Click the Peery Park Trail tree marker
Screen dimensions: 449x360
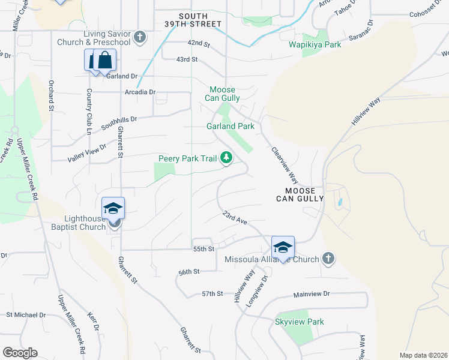point(226,158)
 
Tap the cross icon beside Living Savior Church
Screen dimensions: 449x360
point(140,38)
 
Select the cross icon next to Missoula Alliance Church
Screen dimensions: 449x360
point(328,259)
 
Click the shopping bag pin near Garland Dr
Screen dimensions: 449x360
point(104,61)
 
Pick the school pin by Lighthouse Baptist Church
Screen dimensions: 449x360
point(113,209)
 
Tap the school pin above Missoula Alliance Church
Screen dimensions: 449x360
point(283,247)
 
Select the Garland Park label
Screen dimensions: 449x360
point(231,127)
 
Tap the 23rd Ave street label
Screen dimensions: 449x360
point(235,218)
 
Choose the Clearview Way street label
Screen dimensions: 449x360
point(285,165)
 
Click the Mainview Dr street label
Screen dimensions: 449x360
point(312,294)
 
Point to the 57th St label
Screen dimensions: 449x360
point(212,294)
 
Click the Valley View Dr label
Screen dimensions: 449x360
point(86,152)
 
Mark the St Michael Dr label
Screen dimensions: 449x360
point(26,314)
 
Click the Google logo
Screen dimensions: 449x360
point(20,353)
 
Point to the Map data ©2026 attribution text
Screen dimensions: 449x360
point(423,355)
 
